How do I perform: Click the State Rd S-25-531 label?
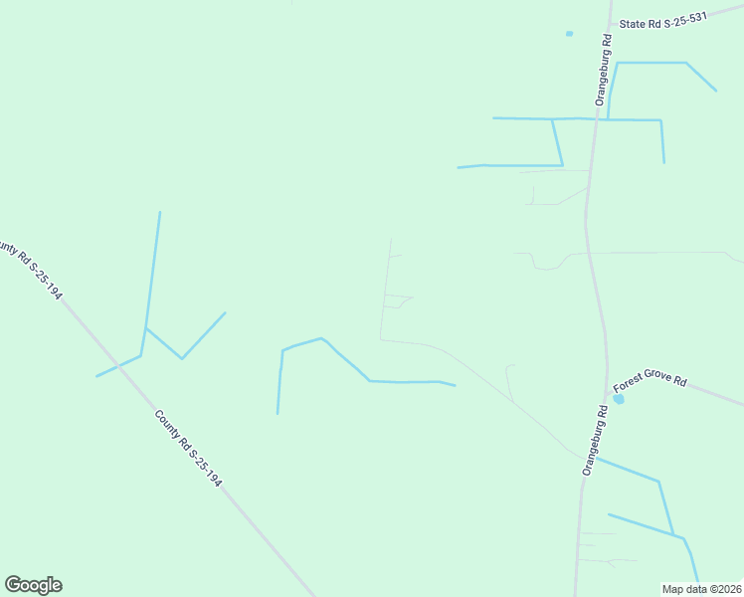(x=662, y=21)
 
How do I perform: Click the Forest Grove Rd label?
(x=650, y=382)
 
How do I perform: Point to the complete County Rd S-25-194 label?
(x=187, y=448)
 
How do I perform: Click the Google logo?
(x=33, y=585)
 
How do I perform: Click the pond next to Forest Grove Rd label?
(x=619, y=399)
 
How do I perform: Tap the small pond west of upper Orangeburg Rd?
(x=570, y=34)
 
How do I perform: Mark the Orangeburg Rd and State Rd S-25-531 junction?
(x=611, y=25)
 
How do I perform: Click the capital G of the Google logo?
(x=13, y=585)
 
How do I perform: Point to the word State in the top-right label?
(x=632, y=23)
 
